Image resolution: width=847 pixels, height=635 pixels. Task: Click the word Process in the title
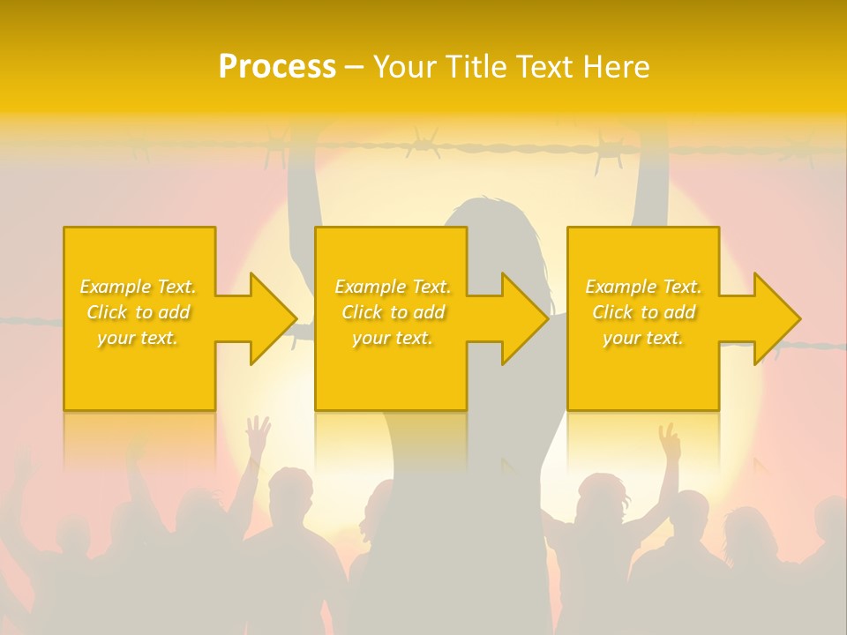pos(277,67)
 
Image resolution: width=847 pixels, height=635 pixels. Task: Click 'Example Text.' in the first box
pos(139,287)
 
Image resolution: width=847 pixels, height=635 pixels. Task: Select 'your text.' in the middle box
pos(393,338)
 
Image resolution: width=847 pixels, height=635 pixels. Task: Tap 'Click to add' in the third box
pos(643,312)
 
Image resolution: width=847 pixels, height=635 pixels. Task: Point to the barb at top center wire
pos(423,141)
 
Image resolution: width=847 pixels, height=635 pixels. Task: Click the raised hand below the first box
pos(257,434)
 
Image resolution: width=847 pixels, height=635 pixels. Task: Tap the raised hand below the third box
pos(670,440)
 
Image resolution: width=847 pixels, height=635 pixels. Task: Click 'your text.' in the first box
pos(139,338)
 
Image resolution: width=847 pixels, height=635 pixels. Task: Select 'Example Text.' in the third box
pos(643,287)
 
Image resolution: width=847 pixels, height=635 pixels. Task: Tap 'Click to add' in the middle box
pos(393,312)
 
